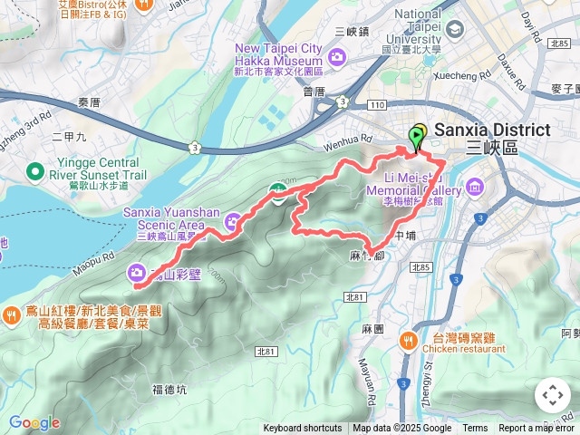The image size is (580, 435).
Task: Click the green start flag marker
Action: coord(418,139)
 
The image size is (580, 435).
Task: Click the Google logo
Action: coord(34,422)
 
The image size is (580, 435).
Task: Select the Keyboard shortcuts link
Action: coord(303,429)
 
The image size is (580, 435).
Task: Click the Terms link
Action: coord(475,429)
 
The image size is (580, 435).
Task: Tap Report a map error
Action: coord(536,429)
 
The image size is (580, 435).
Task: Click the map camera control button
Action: coord(553,395)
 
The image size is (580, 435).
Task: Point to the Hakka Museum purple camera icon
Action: coord(337,58)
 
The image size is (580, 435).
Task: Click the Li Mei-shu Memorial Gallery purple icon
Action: coord(474,188)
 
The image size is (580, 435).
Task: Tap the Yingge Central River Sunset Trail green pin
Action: coord(35,169)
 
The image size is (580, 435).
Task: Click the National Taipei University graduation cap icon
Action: coord(452,28)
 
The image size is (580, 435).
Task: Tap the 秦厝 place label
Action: coord(90,102)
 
